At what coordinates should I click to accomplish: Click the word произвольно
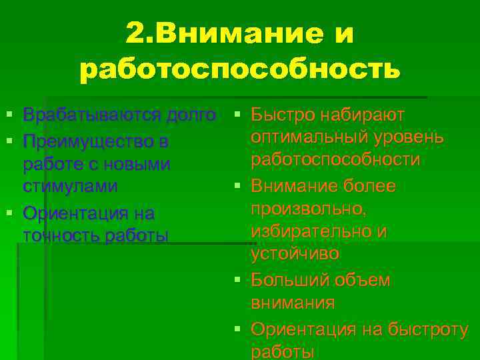pos(309,209)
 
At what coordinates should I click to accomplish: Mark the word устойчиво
pos(295,254)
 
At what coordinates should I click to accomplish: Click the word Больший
pos(285,280)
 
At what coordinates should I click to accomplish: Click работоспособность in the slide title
pos(240,69)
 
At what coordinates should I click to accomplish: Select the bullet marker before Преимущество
pos(8,143)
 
